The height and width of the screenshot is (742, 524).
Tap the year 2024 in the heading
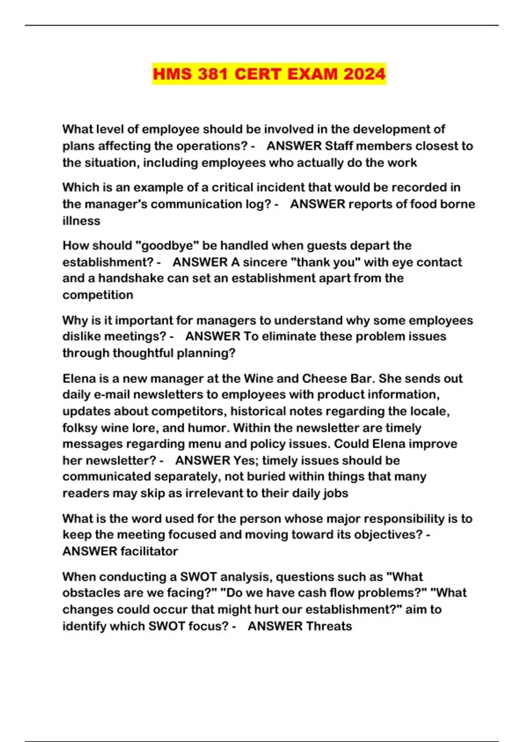[x=364, y=73]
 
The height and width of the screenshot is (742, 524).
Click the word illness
[x=81, y=220]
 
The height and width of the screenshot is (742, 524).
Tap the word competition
[x=98, y=295]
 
